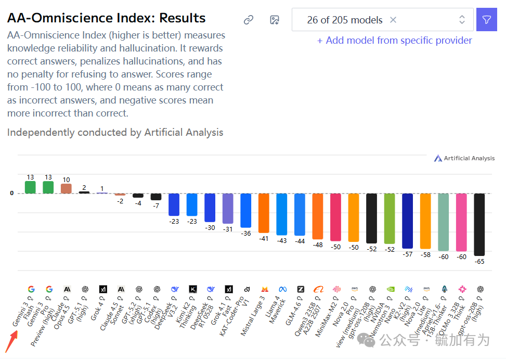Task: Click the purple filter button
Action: [486, 20]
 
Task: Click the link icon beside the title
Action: [249, 20]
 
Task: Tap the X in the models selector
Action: [393, 20]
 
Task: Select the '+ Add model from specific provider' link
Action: [394, 41]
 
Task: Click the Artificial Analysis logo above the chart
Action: [464, 158]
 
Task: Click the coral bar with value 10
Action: [66, 188]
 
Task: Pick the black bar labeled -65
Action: [479, 224]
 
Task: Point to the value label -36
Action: [246, 233]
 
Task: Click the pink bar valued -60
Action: [461, 222]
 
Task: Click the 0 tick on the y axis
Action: [11, 193]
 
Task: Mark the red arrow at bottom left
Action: [11, 342]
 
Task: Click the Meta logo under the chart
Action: [282, 289]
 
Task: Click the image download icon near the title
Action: [275, 20]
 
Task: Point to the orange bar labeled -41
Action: [264, 213]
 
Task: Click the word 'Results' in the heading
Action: [182, 18]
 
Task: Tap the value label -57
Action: [407, 254]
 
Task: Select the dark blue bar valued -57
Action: [407, 221]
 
